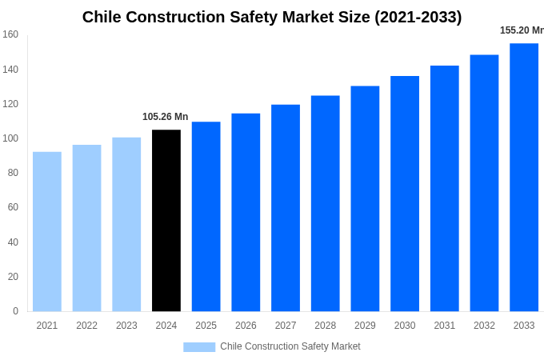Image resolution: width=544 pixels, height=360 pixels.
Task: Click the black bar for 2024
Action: pos(166,221)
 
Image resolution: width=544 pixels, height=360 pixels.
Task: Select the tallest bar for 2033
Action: pos(524,178)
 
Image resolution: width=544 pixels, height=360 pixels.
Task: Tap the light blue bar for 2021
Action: pos(47,232)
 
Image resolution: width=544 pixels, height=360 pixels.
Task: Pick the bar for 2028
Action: pos(325,203)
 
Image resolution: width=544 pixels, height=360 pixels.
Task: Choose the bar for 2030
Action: pos(405,194)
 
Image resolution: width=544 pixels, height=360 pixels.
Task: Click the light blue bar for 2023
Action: pos(126,224)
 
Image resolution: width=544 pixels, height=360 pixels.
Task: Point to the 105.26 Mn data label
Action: pos(166,117)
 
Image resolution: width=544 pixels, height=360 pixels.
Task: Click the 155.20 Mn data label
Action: pos(522,30)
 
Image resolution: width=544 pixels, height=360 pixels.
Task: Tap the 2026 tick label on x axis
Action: pos(246,326)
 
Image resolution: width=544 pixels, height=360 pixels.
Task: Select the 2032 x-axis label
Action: pos(484,326)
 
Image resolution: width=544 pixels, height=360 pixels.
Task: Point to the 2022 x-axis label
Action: pos(86,326)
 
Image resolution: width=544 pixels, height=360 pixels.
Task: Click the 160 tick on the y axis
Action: pos(10,34)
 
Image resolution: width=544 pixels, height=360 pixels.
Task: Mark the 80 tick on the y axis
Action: pos(13,173)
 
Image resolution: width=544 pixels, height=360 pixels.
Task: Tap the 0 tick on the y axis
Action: pos(15,311)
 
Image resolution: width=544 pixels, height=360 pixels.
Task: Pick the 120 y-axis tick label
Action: pos(10,104)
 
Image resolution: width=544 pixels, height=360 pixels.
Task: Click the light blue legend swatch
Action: pos(199,347)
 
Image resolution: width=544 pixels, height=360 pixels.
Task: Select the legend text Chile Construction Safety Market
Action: pos(290,346)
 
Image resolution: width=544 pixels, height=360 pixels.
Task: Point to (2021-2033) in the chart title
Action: pos(418,17)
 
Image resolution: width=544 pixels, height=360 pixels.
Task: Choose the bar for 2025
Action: pos(206,217)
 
